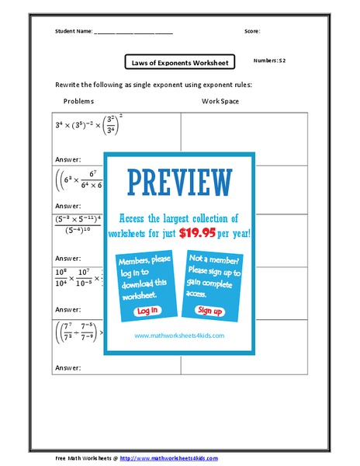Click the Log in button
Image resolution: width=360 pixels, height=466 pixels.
(147, 311)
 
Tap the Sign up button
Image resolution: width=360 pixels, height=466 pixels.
(209, 310)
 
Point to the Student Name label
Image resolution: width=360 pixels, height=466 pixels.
(74, 32)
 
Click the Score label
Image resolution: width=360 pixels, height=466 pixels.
(252, 32)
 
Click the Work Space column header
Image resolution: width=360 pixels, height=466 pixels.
(220, 101)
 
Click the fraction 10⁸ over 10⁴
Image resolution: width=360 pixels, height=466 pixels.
(61, 276)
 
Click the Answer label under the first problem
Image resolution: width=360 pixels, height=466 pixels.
(68, 159)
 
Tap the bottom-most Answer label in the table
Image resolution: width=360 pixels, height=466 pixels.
(68, 369)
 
